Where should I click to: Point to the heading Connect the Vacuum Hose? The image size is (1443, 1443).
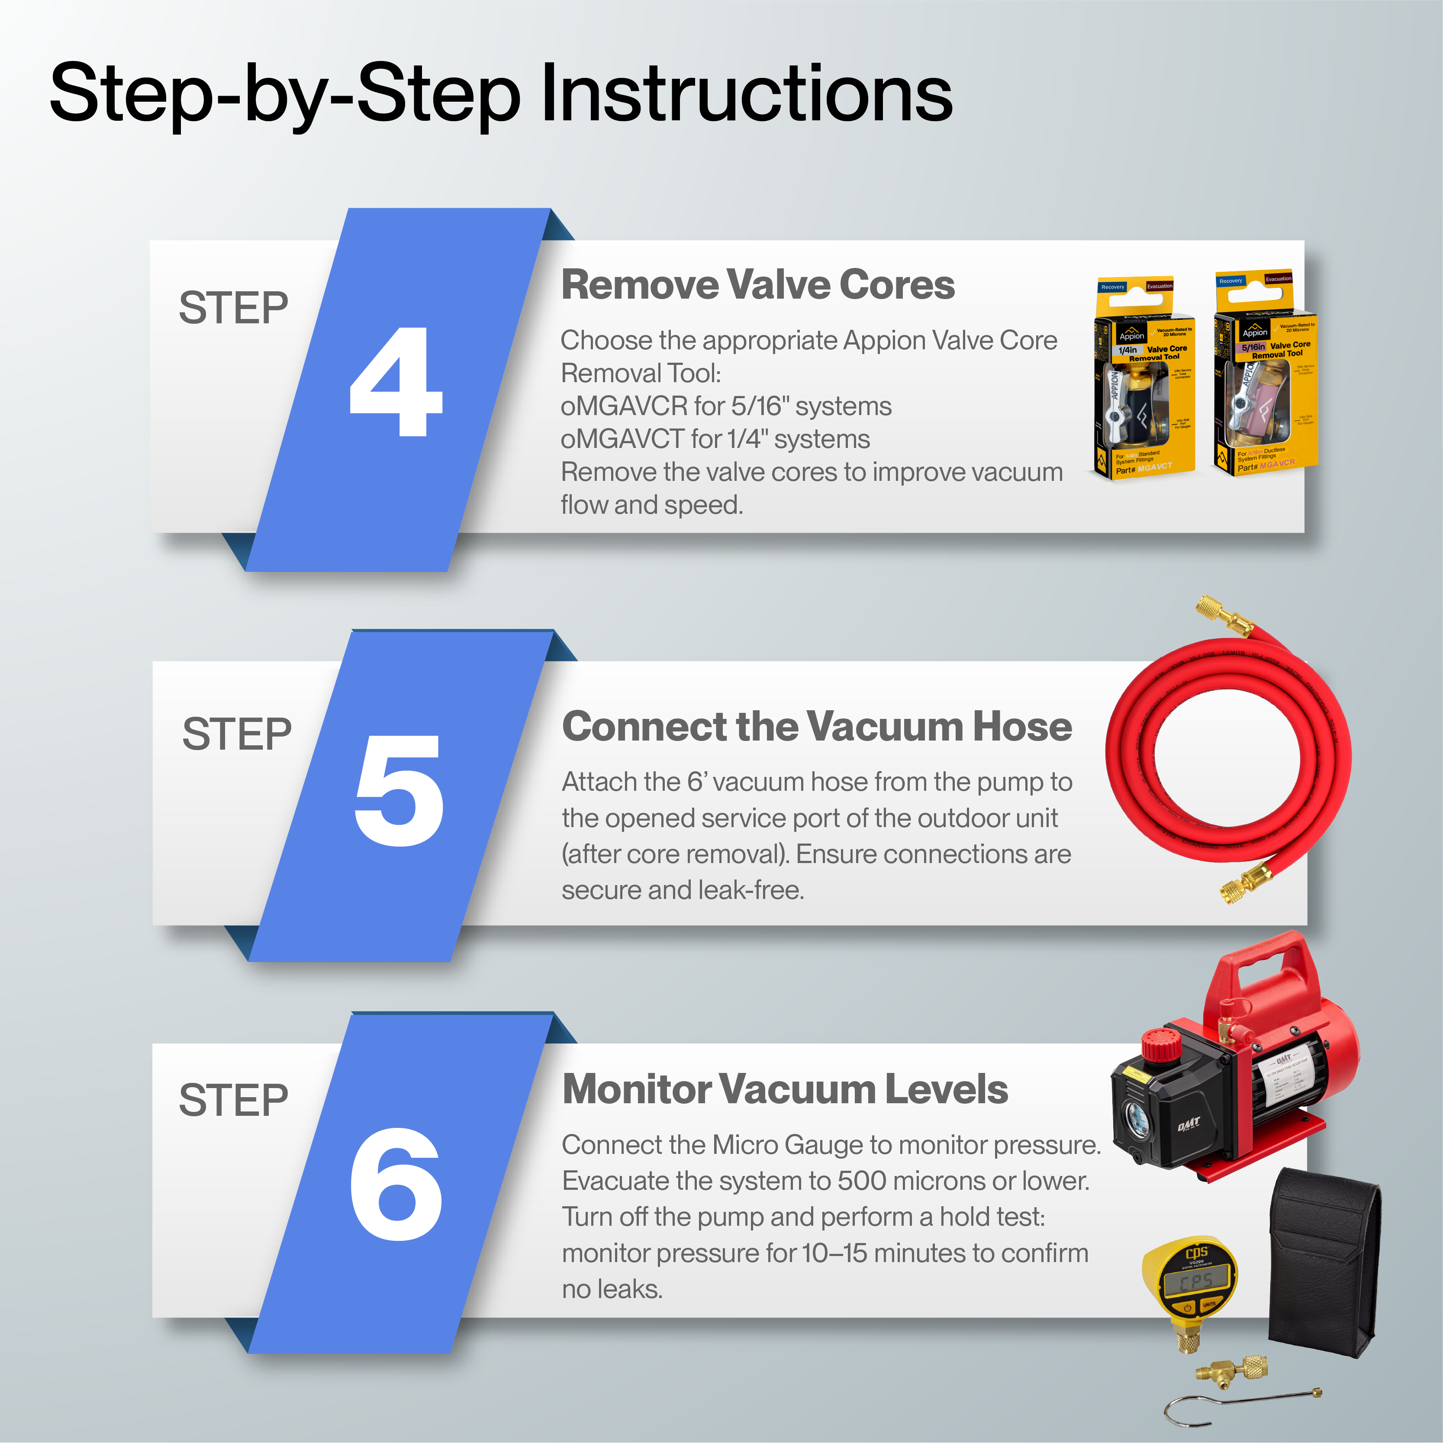816,727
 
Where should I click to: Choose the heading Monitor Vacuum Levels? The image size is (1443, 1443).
784,1089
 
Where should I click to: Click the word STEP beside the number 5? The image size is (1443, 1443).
237,734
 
